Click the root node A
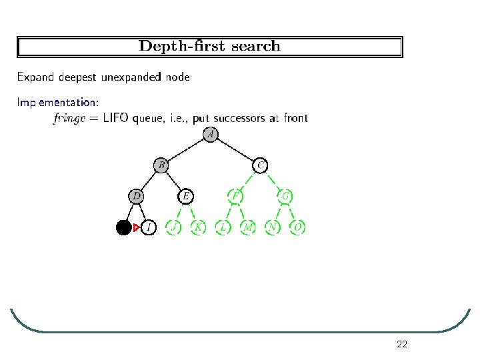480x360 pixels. [211, 135]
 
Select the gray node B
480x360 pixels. [161, 164]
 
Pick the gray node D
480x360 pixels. [136, 196]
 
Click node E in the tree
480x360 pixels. [186, 196]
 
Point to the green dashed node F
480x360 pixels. [235, 196]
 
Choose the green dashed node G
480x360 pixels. [285, 196]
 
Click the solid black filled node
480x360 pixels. [123, 228]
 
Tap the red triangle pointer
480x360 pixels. [136, 228]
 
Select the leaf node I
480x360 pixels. [149, 228]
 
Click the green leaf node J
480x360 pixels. [173, 228]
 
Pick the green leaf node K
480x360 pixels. [198, 228]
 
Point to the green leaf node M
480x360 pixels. [248, 228]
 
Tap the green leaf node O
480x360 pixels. [298, 228]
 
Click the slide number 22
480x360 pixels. [401, 344]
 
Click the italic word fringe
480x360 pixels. [71, 119]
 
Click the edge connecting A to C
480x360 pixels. [236, 149]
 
